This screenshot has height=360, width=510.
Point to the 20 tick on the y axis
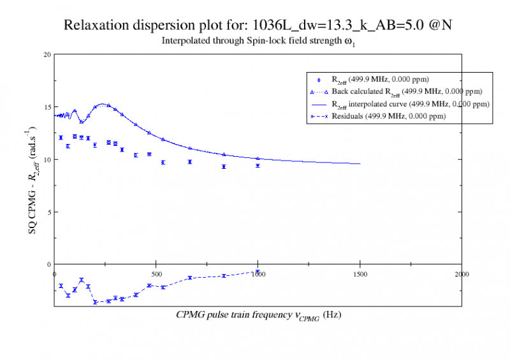click(47, 54)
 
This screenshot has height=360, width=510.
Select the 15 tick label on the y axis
click(47, 107)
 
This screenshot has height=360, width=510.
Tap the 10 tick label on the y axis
click(47, 159)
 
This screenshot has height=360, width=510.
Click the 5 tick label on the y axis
click(48, 212)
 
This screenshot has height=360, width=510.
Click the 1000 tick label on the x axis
click(258, 273)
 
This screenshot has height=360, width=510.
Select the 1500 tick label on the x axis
click(360, 273)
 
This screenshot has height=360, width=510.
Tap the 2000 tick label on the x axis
click(461, 273)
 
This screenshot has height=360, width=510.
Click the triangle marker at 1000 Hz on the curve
click(258, 159)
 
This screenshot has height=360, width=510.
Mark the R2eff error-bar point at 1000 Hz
click(258, 166)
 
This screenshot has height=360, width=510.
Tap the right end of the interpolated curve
click(360, 164)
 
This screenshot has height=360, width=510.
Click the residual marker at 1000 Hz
click(258, 271)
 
